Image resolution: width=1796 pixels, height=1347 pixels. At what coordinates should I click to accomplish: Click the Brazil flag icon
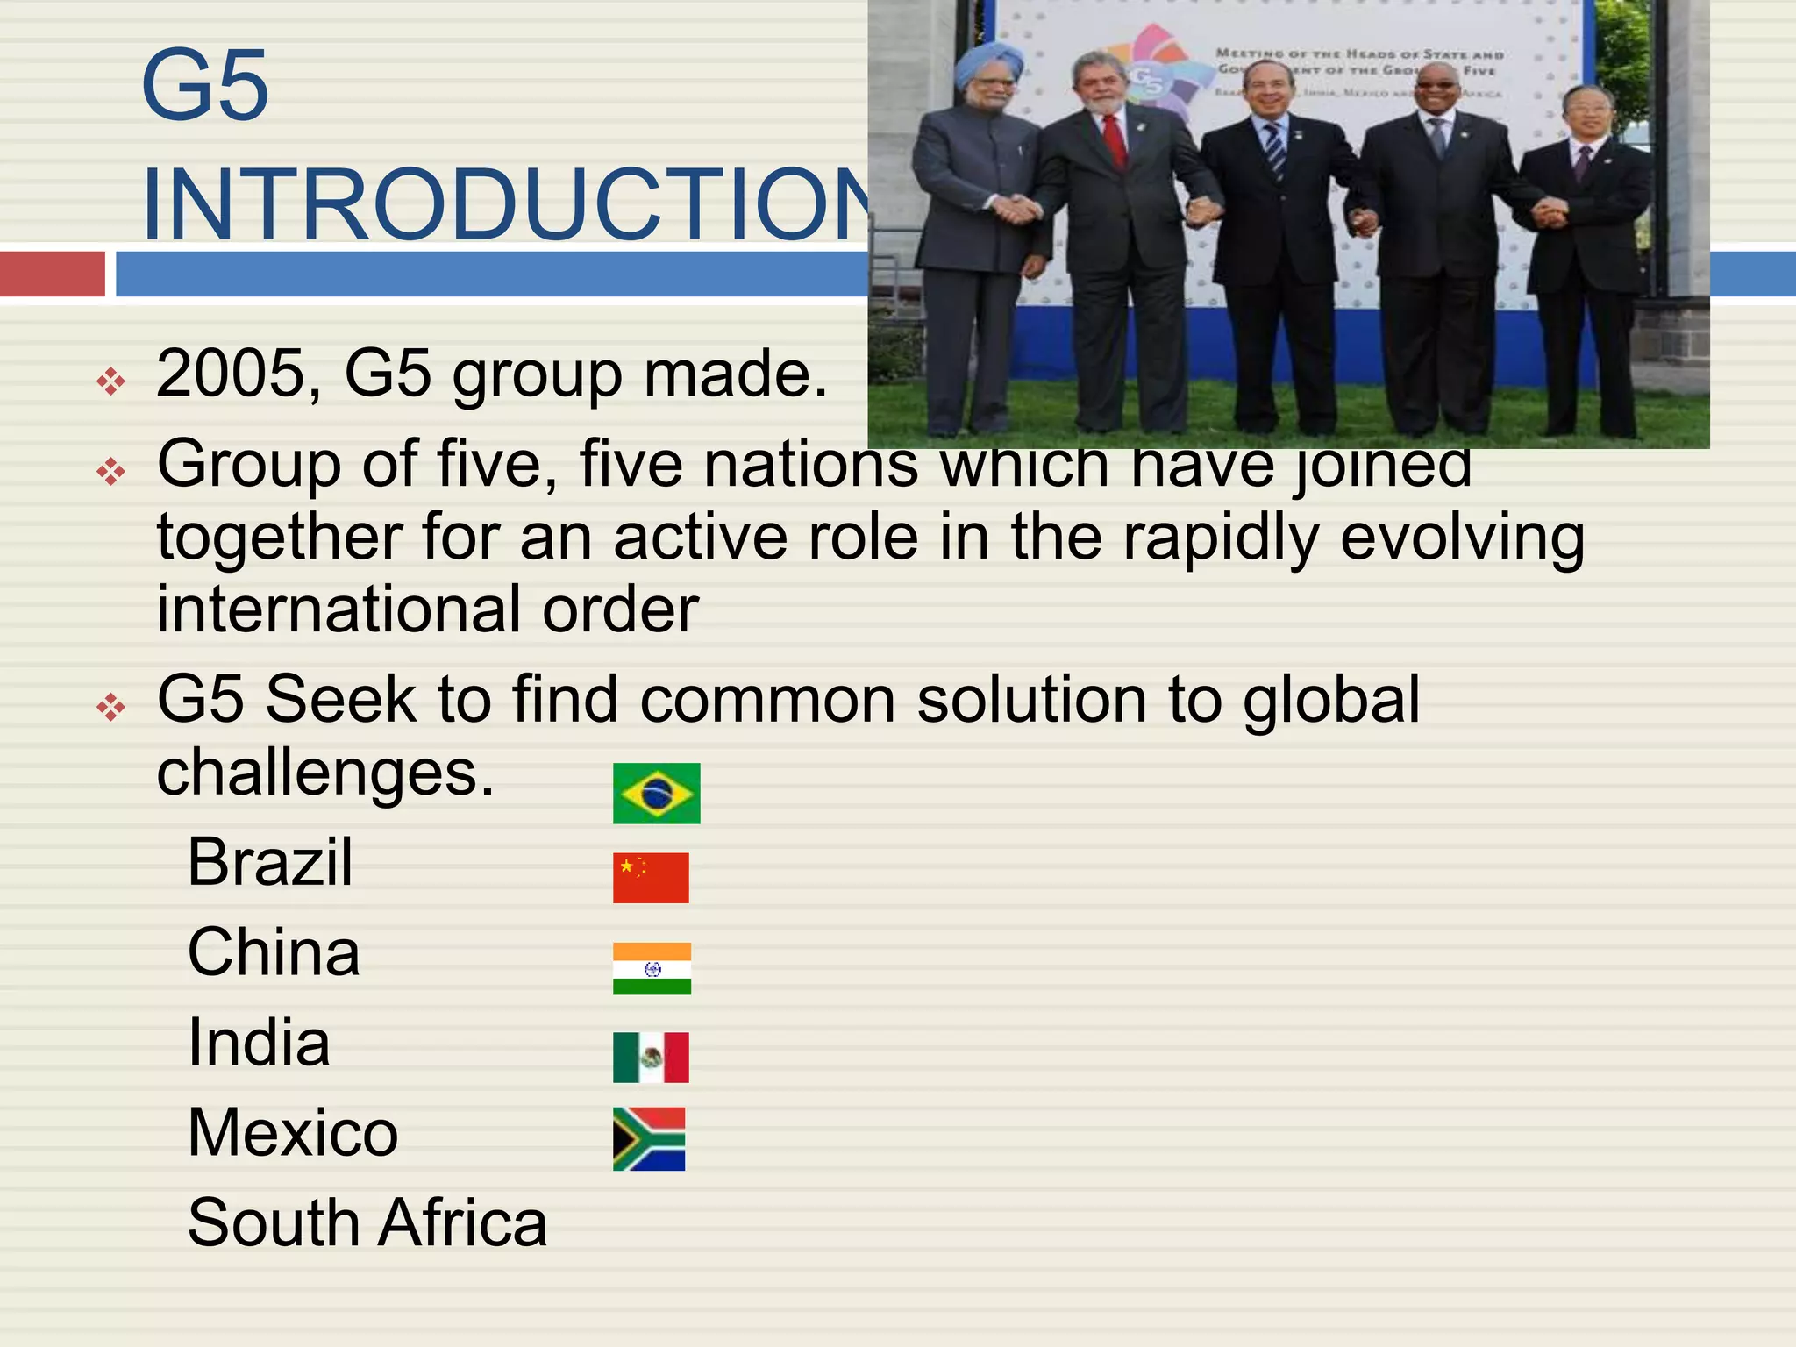pos(656,794)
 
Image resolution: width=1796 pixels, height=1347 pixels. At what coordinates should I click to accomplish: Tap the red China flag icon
pos(651,877)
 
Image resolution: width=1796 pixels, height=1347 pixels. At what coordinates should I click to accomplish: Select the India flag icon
pos(652,968)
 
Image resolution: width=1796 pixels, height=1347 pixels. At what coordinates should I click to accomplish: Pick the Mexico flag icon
pos(651,1057)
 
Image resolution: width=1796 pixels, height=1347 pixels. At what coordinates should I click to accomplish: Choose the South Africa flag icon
pos(649,1139)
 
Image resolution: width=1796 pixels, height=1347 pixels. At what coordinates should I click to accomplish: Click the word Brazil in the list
pos(270,862)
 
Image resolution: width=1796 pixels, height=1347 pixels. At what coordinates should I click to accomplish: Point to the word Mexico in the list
pos(293,1132)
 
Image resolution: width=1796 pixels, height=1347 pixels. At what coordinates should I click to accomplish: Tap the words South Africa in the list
pos(367,1222)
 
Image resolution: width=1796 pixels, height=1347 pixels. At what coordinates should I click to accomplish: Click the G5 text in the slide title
pos(204,86)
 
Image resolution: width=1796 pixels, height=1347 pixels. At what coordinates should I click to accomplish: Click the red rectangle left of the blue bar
pos(53,274)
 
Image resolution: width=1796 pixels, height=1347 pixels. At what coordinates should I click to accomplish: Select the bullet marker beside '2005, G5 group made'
pos(111,381)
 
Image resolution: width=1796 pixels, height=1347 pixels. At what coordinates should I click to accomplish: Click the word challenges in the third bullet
pos(325,773)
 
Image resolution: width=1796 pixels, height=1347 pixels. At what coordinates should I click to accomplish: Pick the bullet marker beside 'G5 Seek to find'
pos(111,707)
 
